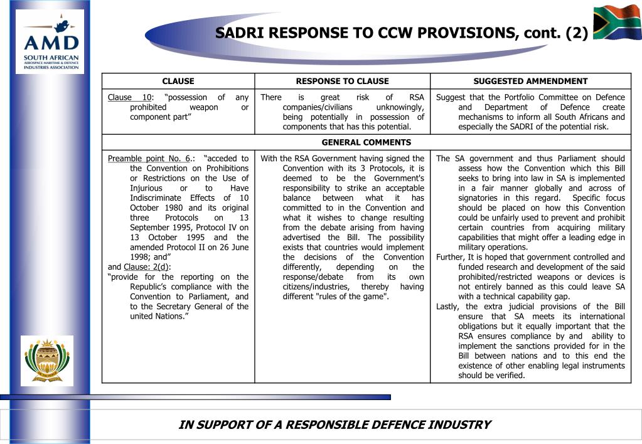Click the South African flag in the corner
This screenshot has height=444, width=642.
click(x=617, y=23)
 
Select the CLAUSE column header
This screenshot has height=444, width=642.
click(x=178, y=81)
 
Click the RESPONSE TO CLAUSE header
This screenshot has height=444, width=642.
click(x=342, y=81)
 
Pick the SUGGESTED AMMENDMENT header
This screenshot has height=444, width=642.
click(x=530, y=81)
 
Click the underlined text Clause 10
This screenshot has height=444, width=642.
click(x=130, y=97)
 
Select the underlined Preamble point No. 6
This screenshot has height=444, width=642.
click(x=149, y=159)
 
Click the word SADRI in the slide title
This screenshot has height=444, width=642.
click(x=241, y=33)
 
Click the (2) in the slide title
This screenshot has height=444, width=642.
click(x=576, y=33)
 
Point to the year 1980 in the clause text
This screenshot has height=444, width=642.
click(x=174, y=208)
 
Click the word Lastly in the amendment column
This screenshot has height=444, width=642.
click(x=447, y=306)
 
